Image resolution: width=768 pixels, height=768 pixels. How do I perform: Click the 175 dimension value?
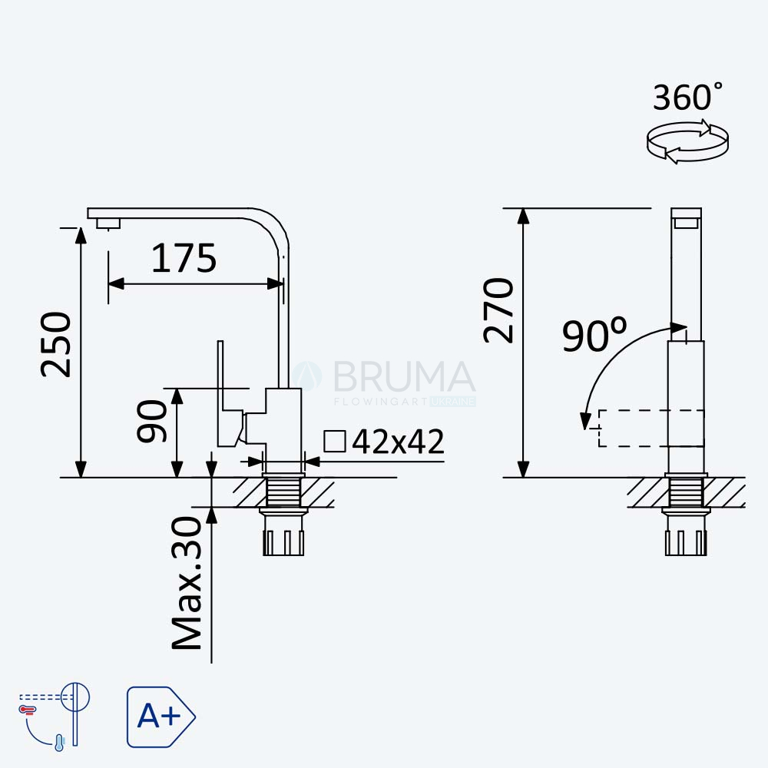click(x=184, y=258)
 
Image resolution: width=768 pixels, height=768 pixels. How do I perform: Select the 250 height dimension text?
click(x=56, y=344)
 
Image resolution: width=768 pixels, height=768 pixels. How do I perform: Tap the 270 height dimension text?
click(x=498, y=310)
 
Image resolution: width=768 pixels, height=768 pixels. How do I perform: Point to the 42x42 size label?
click(x=398, y=442)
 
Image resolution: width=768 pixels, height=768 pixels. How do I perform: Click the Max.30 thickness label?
click(x=187, y=583)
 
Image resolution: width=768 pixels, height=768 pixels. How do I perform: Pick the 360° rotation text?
click(x=687, y=97)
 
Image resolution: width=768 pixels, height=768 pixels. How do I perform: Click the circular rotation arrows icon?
click(x=687, y=142)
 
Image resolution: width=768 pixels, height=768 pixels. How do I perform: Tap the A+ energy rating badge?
click(x=161, y=717)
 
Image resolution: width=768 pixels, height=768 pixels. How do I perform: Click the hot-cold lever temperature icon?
click(x=55, y=715)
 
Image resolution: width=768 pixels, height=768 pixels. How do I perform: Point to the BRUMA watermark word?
click(x=404, y=376)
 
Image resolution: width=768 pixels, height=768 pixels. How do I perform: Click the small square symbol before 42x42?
click(x=335, y=441)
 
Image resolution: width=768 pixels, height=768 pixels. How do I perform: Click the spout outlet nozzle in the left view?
click(x=108, y=223)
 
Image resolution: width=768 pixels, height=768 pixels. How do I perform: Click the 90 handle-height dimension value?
click(x=152, y=421)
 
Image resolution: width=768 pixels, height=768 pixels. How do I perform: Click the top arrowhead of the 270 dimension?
click(x=524, y=216)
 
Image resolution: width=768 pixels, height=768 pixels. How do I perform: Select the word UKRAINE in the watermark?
click(x=452, y=402)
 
